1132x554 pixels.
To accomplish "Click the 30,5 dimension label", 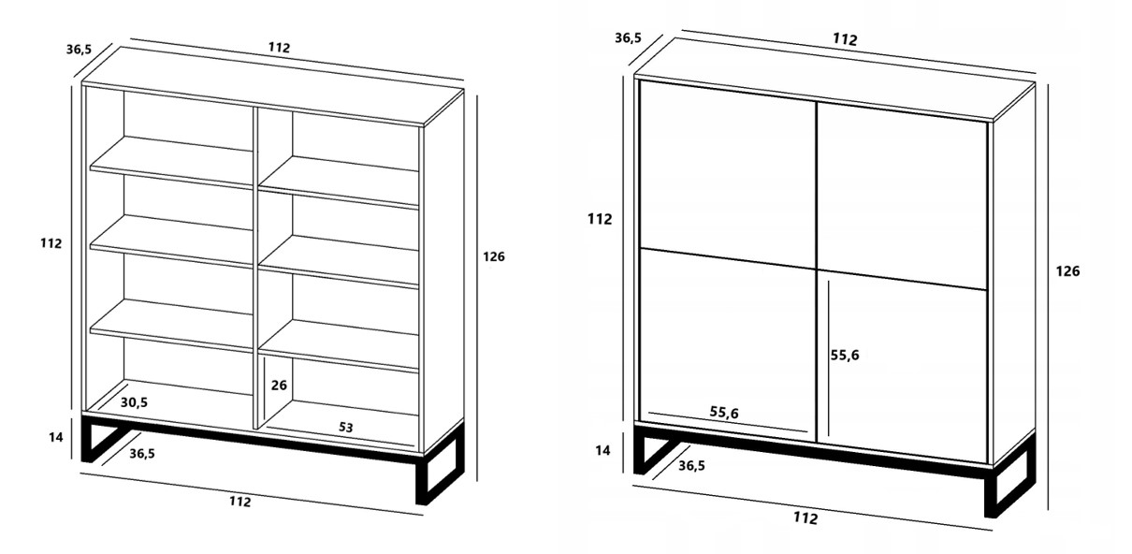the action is [x=134, y=402].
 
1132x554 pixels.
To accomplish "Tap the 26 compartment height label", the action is [x=279, y=386].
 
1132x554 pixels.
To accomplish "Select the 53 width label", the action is [x=345, y=427].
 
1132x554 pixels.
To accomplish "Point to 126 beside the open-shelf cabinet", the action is [x=494, y=256].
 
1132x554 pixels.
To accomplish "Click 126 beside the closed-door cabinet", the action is [x=1067, y=271].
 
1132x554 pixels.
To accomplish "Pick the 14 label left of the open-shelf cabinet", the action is [x=56, y=437].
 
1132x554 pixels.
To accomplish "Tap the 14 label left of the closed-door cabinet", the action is [x=602, y=450].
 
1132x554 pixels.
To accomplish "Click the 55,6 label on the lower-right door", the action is [x=845, y=356].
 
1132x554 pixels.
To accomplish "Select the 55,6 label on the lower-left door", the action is [x=724, y=413].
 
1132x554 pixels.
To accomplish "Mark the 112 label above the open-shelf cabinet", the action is [x=279, y=48].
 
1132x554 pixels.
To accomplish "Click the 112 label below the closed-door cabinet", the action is [x=805, y=518].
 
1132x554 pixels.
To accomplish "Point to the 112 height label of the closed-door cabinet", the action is [x=600, y=219].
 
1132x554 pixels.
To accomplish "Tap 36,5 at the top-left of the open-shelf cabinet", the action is [x=80, y=49].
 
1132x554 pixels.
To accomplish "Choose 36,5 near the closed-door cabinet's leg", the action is [x=692, y=465].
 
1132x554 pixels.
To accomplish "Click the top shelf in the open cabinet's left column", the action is [x=172, y=162].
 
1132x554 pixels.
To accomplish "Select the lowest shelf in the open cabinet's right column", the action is [x=339, y=345].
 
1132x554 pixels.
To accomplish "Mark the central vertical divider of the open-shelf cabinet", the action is [x=255, y=268].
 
